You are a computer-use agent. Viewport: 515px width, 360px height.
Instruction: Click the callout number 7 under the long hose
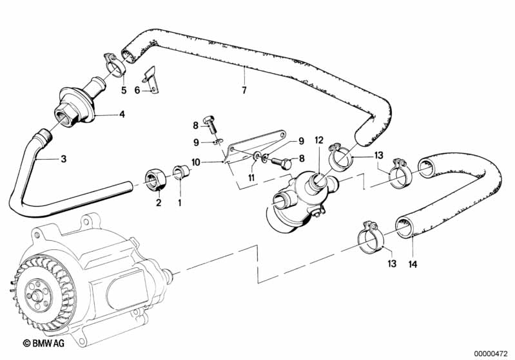click(x=244, y=90)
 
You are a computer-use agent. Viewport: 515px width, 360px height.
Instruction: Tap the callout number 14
click(x=413, y=264)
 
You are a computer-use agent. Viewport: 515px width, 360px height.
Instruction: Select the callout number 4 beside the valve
click(x=122, y=115)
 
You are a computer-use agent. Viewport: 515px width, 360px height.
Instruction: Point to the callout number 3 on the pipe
click(x=64, y=159)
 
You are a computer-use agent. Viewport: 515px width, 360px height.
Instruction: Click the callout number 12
click(x=319, y=140)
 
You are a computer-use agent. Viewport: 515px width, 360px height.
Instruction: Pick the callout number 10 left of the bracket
click(x=196, y=162)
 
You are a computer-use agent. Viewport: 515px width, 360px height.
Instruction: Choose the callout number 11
click(x=251, y=178)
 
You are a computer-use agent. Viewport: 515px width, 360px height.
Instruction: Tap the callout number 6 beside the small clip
click(x=137, y=90)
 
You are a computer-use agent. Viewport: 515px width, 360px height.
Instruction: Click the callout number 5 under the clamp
click(x=124, y=90)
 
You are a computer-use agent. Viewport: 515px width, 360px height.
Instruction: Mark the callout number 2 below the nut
click(x=159, y=203)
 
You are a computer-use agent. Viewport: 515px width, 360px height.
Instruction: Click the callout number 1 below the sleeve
click(x=180, y=203)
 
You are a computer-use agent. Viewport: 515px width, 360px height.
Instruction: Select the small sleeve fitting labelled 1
click(x=182, y=172)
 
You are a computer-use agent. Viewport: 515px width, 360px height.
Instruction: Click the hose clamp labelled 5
click(x=115, y=64)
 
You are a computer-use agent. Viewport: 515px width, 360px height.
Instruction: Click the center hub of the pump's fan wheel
click(x=35, y=295)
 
